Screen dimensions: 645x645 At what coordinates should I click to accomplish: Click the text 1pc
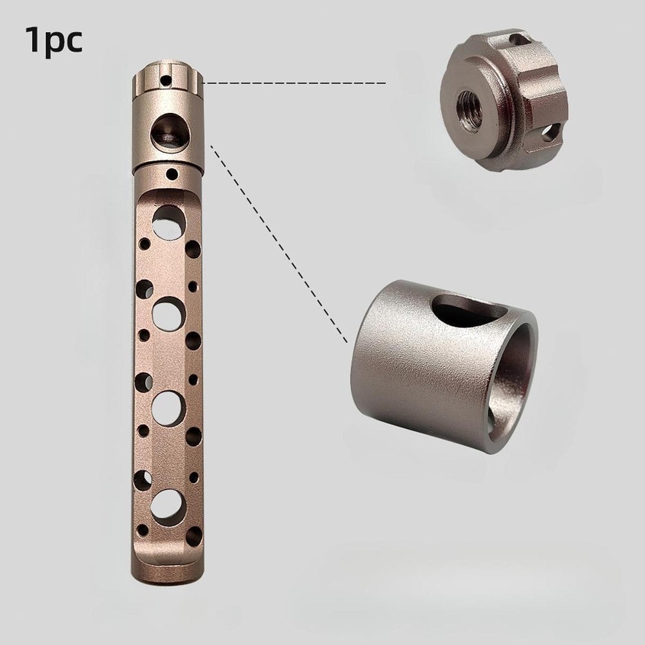[54, 40]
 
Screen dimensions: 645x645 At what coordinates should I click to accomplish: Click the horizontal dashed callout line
[294, 83]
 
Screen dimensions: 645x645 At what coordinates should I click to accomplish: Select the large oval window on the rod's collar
[168, 132]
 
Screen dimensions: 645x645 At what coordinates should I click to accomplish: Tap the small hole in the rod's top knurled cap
[165, 81]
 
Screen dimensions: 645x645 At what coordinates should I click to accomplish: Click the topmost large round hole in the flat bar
[168, 222]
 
